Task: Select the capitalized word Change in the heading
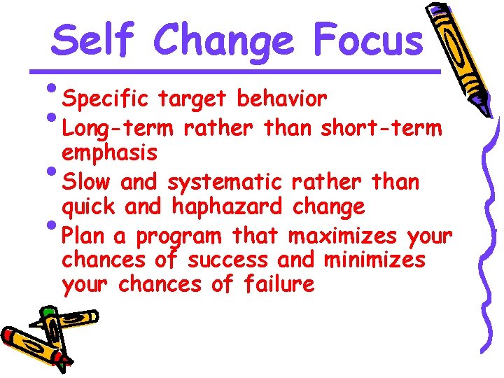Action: pos(223,41)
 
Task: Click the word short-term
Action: pos(381,129)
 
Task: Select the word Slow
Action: pos(86,183)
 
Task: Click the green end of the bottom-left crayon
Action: pos(48,311)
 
